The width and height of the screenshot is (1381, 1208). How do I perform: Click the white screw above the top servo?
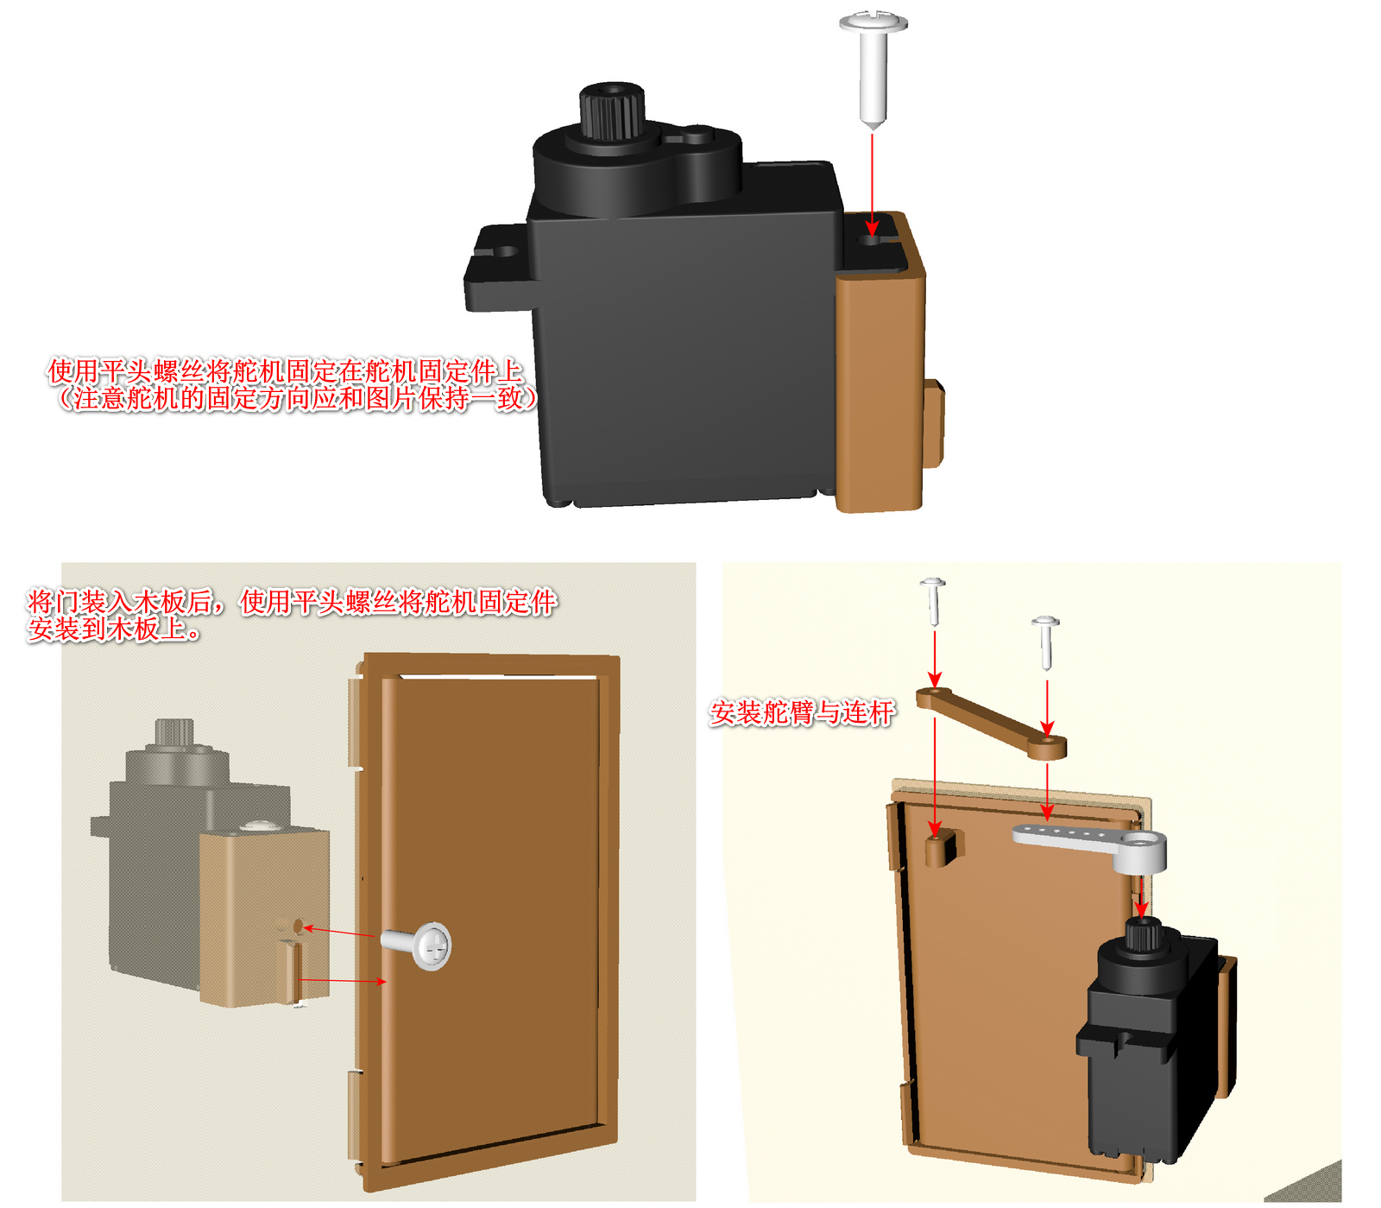point(873,66)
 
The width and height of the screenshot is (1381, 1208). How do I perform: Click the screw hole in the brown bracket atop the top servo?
point(872,234)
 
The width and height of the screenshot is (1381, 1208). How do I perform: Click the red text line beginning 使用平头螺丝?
point(285,371)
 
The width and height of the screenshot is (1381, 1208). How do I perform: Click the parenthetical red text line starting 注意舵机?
point(298,399)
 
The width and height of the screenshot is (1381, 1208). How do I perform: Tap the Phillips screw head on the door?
point(431,946)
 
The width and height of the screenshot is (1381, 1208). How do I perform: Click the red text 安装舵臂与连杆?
point(802,713)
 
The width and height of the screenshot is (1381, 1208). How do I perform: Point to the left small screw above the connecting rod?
point(933,600)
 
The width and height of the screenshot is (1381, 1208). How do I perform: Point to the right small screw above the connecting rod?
point(1045,641)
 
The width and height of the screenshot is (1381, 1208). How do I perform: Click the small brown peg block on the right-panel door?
point(941,847)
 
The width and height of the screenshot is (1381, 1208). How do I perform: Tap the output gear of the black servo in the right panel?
point(1141,935)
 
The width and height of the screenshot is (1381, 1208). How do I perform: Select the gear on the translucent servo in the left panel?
point(174,731)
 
